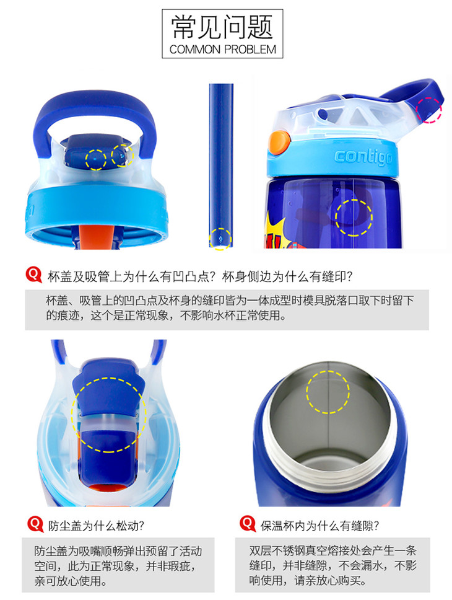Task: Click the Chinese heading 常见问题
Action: (x=222, y=27)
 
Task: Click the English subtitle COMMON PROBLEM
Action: (x=222, y=50)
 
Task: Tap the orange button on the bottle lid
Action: (x=279, y=143)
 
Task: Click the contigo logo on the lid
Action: (x=363, y=157)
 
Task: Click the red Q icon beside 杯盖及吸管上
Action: (x=33, y=275)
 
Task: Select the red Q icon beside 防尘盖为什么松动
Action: (x=35, y=524)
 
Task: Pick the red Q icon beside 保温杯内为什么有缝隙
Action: (x=248, y=524)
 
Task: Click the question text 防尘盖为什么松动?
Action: (x=96, y=526)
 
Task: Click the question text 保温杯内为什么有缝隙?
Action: (x=319, y=526)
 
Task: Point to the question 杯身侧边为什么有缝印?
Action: (x=287, y=276)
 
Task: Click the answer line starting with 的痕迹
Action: (x=166, y=315)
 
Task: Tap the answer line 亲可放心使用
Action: (x=71, y=581)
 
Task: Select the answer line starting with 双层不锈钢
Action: (x=332, y=551)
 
